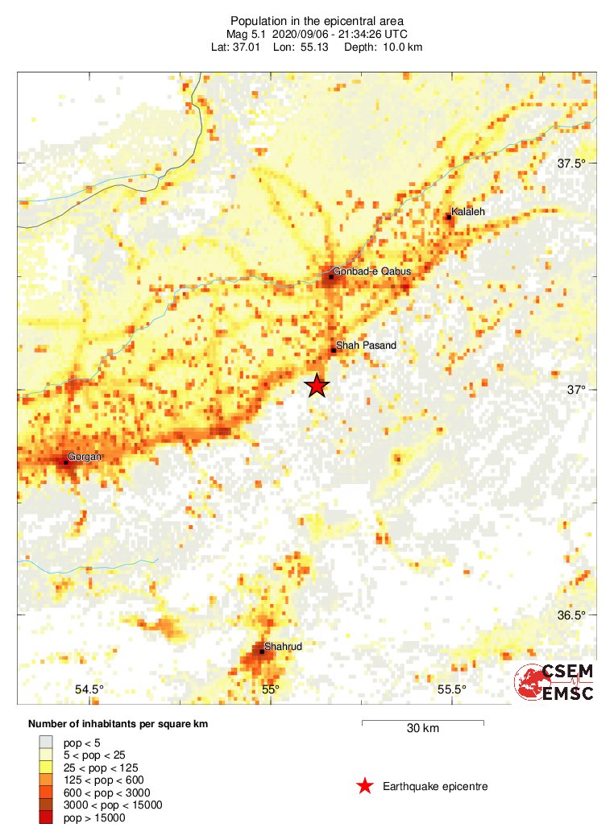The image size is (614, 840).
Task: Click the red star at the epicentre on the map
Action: tap(317, 386)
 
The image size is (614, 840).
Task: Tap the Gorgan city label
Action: tap(84, 457)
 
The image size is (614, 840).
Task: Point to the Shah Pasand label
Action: tap(367, 346)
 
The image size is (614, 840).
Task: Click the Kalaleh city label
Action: tap(468, 211)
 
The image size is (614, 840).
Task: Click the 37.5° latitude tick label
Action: tap(573, 163)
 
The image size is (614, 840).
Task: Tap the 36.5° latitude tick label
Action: tap(573, 615)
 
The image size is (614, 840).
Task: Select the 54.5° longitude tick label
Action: tap(89, 689)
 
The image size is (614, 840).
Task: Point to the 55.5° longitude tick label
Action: tap(452, 689)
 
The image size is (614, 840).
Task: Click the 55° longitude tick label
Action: tap(270, 689)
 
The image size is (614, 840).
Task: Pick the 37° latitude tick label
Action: tap(577, 390)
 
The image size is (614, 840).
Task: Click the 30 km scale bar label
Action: tap(422, 729)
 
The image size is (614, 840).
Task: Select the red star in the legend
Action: tap(365, 786)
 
